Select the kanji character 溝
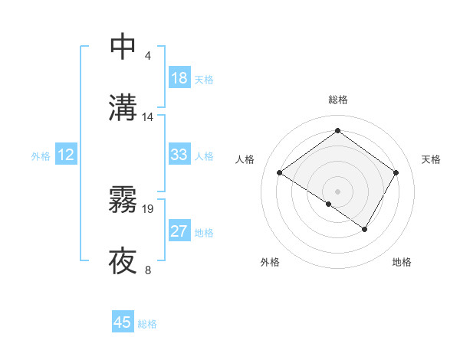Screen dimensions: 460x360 tap(123, 108)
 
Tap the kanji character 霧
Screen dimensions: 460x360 tap(123, 200)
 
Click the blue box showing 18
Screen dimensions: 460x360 tap(179, 77)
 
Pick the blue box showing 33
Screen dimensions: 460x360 tap(179, 155)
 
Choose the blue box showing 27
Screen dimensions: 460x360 tap(179, 231)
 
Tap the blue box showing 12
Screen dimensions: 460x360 tap(66, 155)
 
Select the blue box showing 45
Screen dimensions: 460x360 tap(123, 322)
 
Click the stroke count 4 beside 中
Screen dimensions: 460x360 tap(148, 56)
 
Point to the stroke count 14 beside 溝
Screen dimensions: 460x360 tap(148, 117)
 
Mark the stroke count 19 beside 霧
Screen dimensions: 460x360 tap(148, 208)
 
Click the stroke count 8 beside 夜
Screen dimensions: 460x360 tap(148, 270)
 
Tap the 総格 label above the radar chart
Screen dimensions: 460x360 tap(338, 100)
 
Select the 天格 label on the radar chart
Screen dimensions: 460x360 tap(431, 159)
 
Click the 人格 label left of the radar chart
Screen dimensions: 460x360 tap(245, 159)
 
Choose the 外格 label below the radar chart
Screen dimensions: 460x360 tap(270, 262)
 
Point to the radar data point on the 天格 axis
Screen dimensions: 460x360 tap(396, 172)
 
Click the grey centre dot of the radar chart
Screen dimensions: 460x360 tap(338, 191)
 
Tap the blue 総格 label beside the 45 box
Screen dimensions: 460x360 tap(148, 324)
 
